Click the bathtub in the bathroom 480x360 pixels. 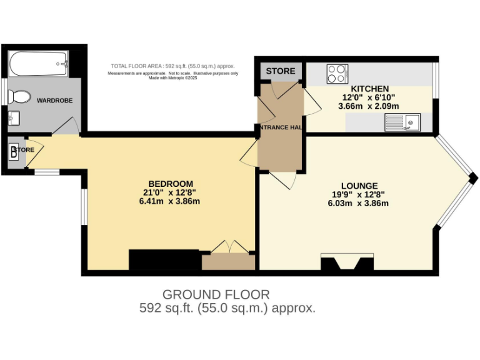[x=37, y=62]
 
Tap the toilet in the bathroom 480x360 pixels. [x=19, y=97]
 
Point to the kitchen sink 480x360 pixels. [x=403, y=122]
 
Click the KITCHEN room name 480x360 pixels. [x=370, y=89]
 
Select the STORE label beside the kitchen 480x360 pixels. [x=281, y=71]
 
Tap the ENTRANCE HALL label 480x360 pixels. [x=281, y=127]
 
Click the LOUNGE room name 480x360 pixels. [x=359, y=186]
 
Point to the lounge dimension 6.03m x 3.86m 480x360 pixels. [x=359, y=203]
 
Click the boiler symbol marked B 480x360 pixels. [x=14, y=154]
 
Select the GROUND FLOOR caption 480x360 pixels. [x=216, y=294]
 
